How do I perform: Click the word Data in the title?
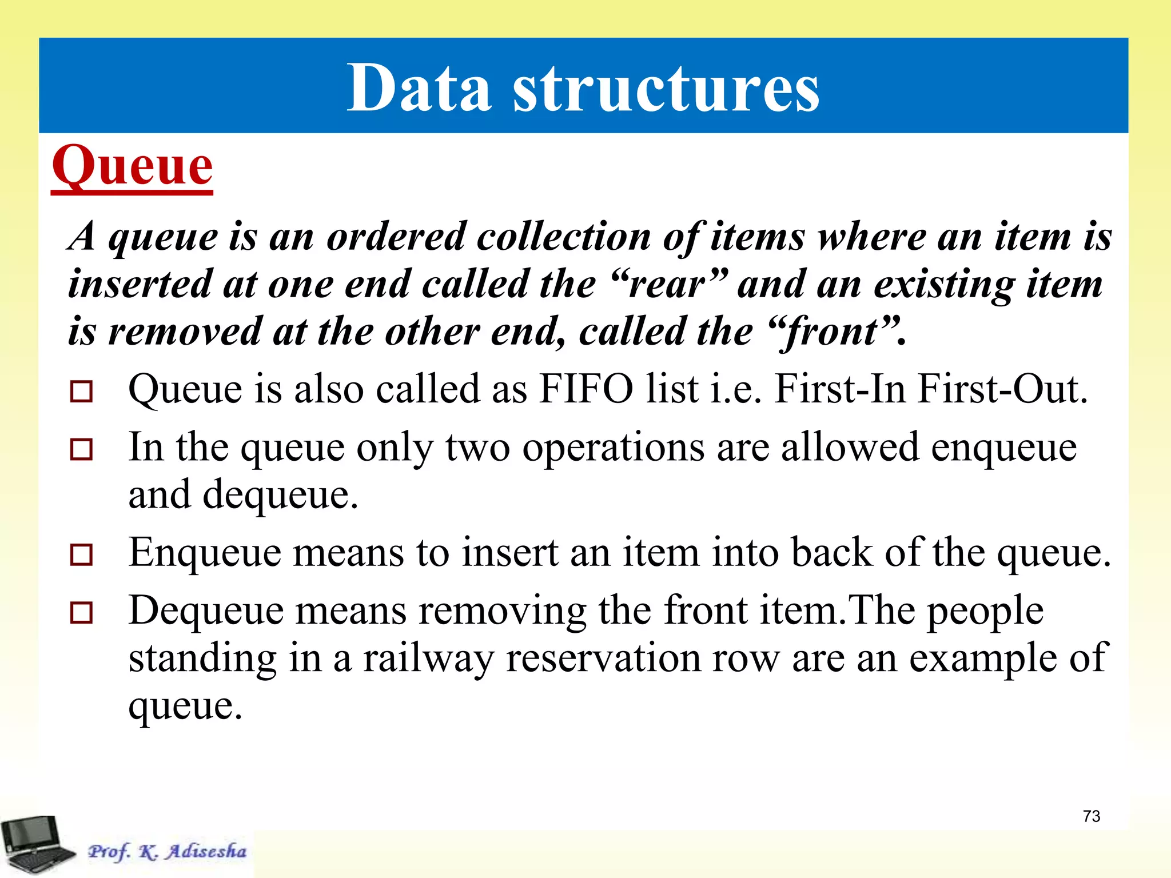pos(419,89)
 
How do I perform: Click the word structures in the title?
pos(666,89)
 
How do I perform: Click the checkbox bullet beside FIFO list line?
pos(81,392)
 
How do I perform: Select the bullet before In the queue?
pos(81,450)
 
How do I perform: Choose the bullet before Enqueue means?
pos(81,555)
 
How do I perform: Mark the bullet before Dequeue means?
pos(81,613)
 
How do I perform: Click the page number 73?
pos(1091,816)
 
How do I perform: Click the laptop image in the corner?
pos(35,844)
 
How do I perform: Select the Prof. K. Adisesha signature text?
pos(167,852)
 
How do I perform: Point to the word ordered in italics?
pos(396,237)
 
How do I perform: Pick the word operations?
pos(613,448)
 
